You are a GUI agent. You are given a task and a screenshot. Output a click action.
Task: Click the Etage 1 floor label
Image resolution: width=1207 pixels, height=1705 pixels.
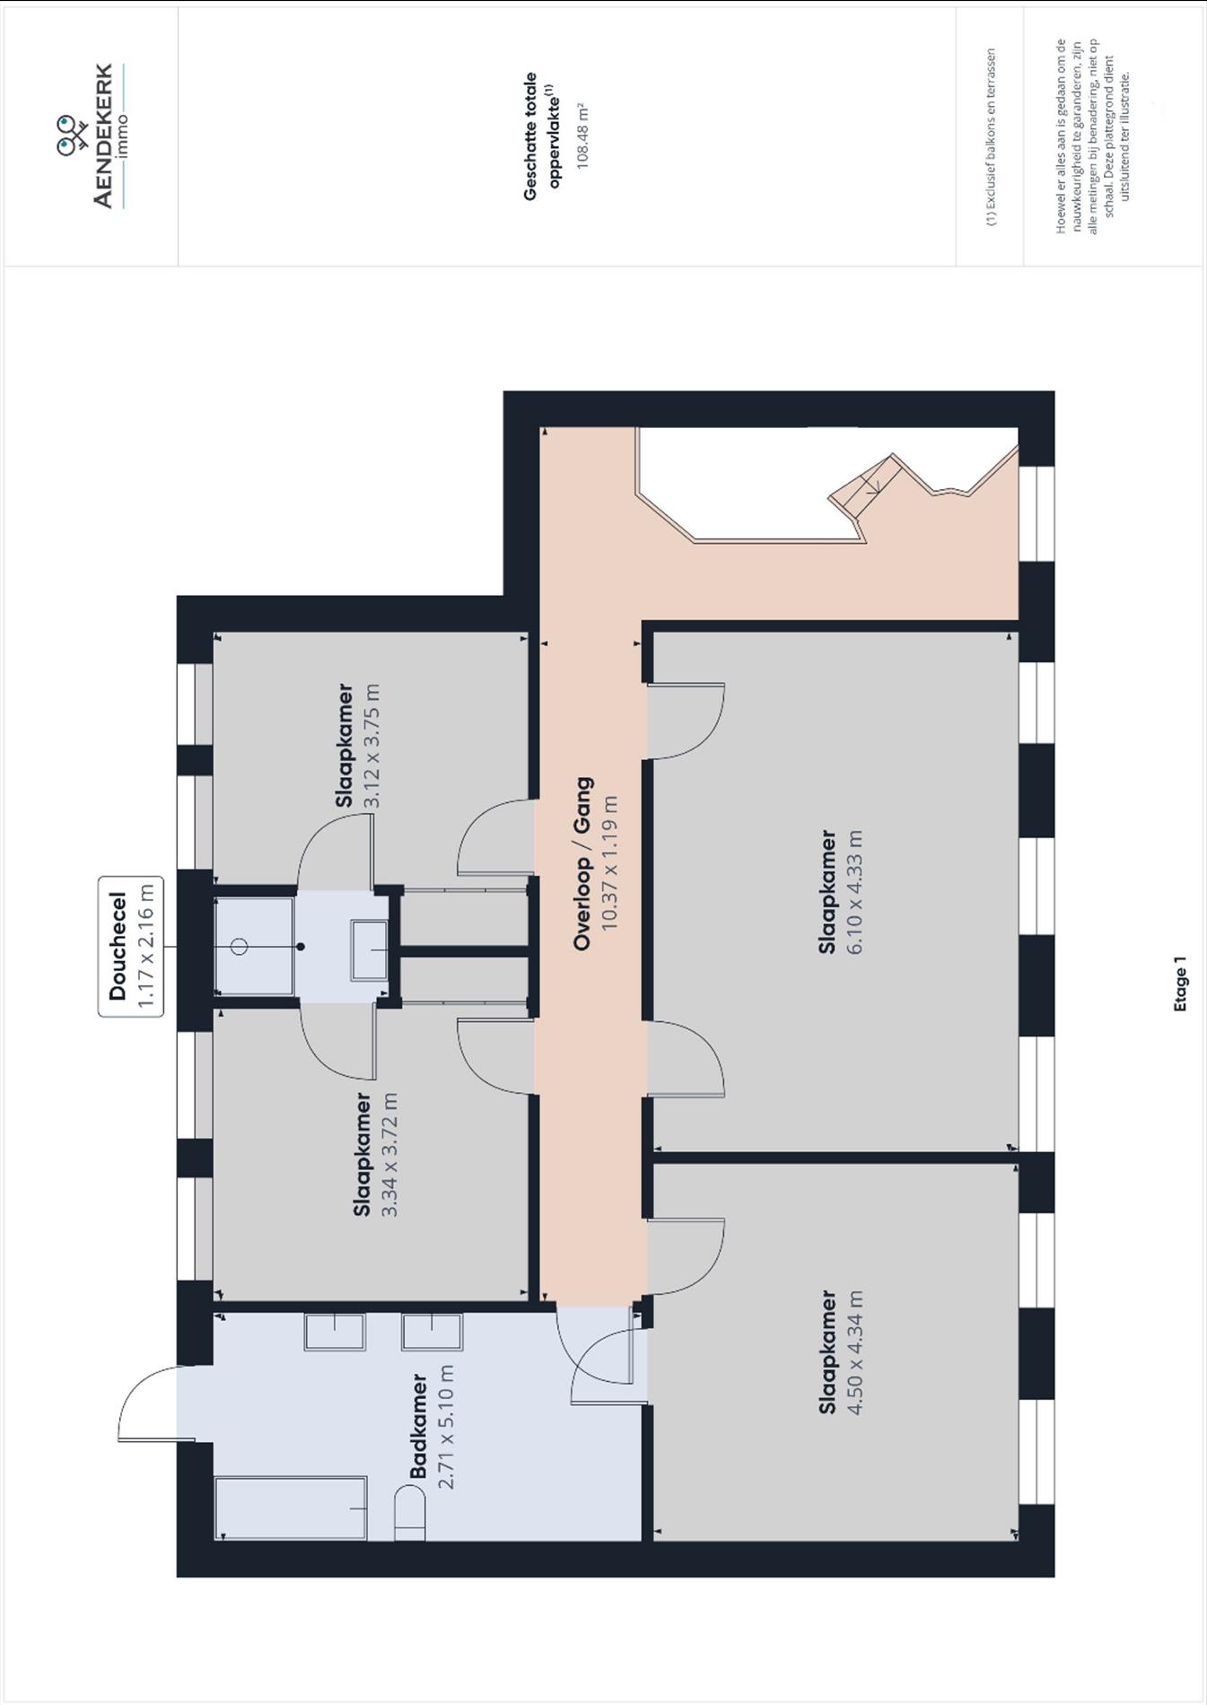point(1180,984)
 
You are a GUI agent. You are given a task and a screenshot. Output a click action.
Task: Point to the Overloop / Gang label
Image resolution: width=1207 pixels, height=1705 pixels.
point(582,863)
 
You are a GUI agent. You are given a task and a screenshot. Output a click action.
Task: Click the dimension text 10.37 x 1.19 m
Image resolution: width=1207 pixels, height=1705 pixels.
point(610,863)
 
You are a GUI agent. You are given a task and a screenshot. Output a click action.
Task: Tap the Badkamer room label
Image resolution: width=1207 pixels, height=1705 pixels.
point(418,1426)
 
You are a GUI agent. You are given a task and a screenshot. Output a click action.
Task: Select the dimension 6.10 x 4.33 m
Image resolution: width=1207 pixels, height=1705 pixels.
point(853,891)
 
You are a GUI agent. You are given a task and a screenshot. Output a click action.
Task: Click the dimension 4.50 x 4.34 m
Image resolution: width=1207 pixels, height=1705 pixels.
point(853,1352)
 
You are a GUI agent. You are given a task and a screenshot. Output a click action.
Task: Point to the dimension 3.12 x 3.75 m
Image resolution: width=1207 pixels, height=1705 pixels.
point(372,746)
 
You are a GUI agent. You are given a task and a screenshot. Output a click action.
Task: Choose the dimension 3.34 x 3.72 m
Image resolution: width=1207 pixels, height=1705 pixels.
point(389,1154)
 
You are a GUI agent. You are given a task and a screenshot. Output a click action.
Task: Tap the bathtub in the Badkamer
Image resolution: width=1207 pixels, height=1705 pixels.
point(292,1508)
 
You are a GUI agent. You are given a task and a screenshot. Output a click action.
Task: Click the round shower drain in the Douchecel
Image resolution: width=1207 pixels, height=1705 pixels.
point(239,947)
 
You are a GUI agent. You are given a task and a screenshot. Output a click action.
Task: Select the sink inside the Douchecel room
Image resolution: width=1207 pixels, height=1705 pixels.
point(369,949)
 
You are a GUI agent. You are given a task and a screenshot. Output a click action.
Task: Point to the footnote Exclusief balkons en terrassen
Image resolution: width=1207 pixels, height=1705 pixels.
point(991,136)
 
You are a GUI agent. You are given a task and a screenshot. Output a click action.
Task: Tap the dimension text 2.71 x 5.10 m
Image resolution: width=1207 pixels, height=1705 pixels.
point(446,1426)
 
